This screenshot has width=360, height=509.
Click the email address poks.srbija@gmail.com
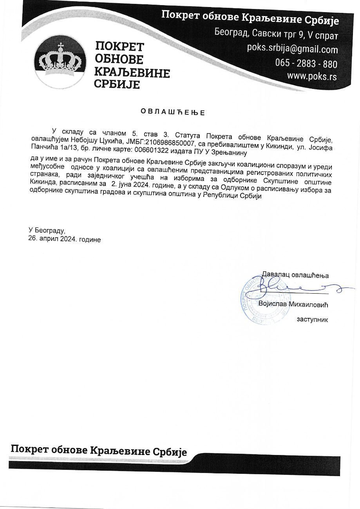pos(292,50)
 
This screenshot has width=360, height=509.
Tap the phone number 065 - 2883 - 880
pos(306,63)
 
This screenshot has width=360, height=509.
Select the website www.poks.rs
pos(312,76)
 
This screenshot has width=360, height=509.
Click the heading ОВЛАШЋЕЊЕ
pos(173,112)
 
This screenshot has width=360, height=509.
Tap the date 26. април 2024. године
pos(64,239)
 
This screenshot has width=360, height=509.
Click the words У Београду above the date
pos(47,231)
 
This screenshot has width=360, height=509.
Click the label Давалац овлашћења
pos(295,275)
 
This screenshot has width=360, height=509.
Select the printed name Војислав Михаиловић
pos(293,304)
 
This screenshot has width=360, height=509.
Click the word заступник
pos(312,319)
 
